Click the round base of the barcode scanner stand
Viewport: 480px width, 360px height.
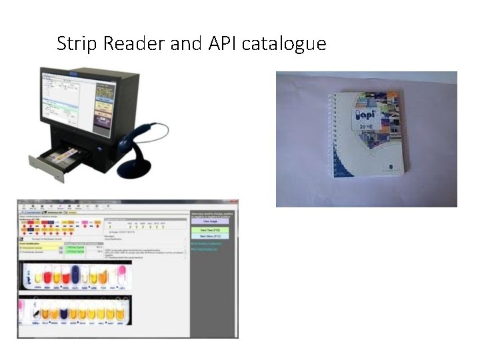[x=134, y=169]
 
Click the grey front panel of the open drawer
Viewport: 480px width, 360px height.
[x=46, y=169]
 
